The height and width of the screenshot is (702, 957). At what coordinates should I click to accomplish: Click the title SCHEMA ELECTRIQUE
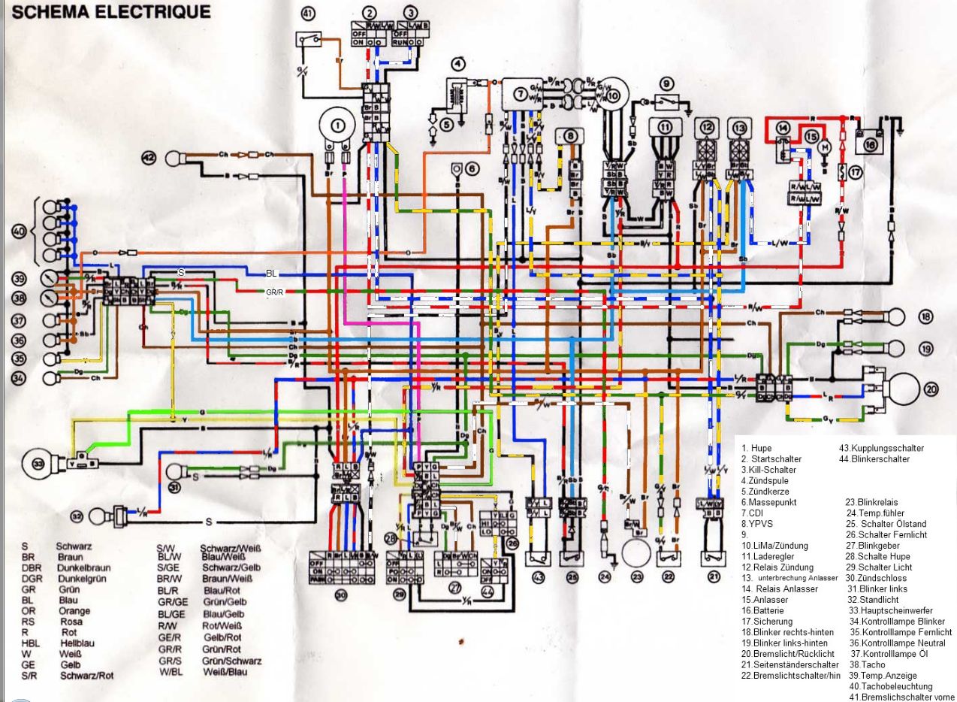pos(106,12)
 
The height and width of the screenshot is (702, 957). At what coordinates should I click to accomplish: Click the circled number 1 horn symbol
pos(339,124)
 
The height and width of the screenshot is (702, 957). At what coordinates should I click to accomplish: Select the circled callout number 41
pos(308,13)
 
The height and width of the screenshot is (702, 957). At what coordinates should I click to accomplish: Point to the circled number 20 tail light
pos(931,389)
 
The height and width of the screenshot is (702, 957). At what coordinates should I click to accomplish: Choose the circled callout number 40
pos(19,231)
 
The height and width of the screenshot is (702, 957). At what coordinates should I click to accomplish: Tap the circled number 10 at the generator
pos(613,95)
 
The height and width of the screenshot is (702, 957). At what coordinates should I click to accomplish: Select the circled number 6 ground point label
pos(471,168)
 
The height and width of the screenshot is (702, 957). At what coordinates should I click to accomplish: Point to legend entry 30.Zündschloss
pos(876,578)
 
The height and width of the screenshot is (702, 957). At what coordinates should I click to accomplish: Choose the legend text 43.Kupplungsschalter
pos(881,448)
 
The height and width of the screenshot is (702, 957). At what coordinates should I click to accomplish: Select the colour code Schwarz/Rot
pos(86,675)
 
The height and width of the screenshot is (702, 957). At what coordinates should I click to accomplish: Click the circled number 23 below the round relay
pos(638,577)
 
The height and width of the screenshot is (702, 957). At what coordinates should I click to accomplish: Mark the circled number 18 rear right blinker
pos(926,316)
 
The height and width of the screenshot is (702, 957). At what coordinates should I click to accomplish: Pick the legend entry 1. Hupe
pos(756,449)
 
